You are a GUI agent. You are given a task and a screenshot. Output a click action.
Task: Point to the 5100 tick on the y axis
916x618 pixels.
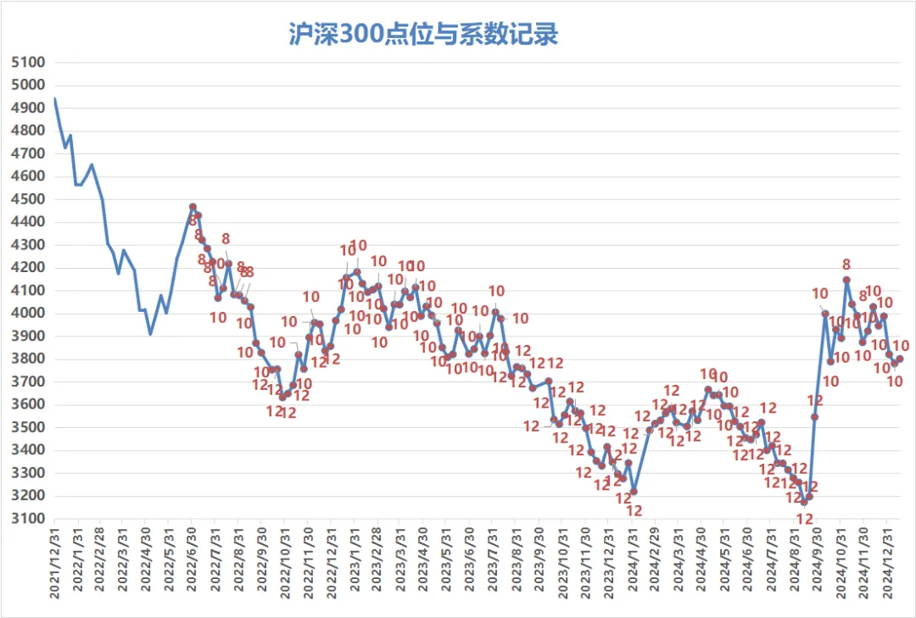click(x=28, y=62)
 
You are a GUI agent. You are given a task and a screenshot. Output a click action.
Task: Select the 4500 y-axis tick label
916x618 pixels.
click(x=28, y=199)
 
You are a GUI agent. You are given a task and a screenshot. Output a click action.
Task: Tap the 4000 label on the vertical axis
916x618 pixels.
click(x=28, y=314)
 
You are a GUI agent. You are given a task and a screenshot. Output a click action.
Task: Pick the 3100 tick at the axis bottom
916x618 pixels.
click(x=28, y=519)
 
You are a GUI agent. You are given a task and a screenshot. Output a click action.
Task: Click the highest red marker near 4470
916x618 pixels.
click(x=193, y=207)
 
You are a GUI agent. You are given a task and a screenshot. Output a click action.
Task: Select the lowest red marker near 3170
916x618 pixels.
click(x=804, y=503)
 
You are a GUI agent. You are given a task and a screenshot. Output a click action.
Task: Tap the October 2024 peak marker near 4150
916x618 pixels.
click(x=846, y=279)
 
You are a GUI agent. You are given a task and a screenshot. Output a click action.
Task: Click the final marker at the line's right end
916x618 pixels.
click(x=900, y=359)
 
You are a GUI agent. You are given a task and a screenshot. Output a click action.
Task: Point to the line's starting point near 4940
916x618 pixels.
click(x=55, y=99)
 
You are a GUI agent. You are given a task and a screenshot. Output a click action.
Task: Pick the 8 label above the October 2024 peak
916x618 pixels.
click(x=846, y=264)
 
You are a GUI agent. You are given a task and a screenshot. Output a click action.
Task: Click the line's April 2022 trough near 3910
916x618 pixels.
click(x=151, y=334)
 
